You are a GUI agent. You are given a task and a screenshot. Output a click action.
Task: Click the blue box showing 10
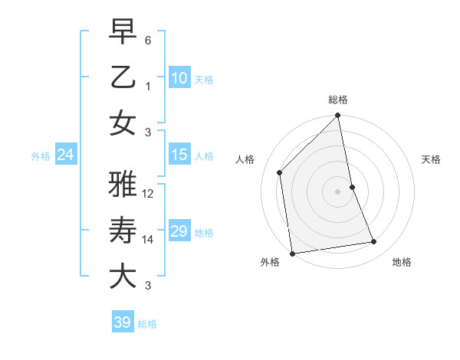pyautogui.click(x=179, y=78)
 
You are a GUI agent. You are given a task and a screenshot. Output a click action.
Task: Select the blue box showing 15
pyautogui.click(x=179, y=155)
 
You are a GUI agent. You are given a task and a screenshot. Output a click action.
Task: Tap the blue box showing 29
pyautogui.click(x=179, y=231)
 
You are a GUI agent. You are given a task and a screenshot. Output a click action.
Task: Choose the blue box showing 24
pyautogui.click(x=65, y=155)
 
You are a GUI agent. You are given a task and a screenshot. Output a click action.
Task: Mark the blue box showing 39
pyautogui.click(x=122, y=322)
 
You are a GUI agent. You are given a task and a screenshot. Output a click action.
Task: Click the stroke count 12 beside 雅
pyautogui.click(x=149, y=194)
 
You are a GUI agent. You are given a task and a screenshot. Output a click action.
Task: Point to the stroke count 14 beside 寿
pyautogui.click(x=149, y=240)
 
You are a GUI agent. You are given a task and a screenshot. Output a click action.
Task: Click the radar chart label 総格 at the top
pyautogui.click(x=337, y=100)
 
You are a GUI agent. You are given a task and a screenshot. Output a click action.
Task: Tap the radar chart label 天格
pyautogui.click(x=431, y=159)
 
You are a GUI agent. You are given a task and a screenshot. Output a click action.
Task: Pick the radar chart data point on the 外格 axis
pyautogui.click(x=292, y=253)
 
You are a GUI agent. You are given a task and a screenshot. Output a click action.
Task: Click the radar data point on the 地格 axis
pyautogui.click(x=374, y=242)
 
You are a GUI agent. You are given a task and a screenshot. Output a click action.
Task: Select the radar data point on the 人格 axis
pyautogui.click(x=280, y=172)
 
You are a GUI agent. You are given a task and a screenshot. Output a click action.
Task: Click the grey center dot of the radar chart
pyautogui.click(x=337, y=191)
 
